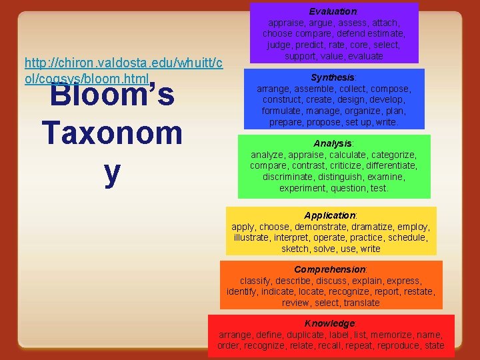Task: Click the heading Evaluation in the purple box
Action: (333, 11)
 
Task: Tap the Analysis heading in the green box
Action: (333, 143)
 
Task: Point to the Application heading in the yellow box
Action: (330, 215)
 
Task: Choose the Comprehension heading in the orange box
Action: (330, 269)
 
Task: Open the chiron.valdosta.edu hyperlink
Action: (123, 70)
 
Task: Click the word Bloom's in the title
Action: (111, 95)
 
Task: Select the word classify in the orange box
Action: (256, 281)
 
